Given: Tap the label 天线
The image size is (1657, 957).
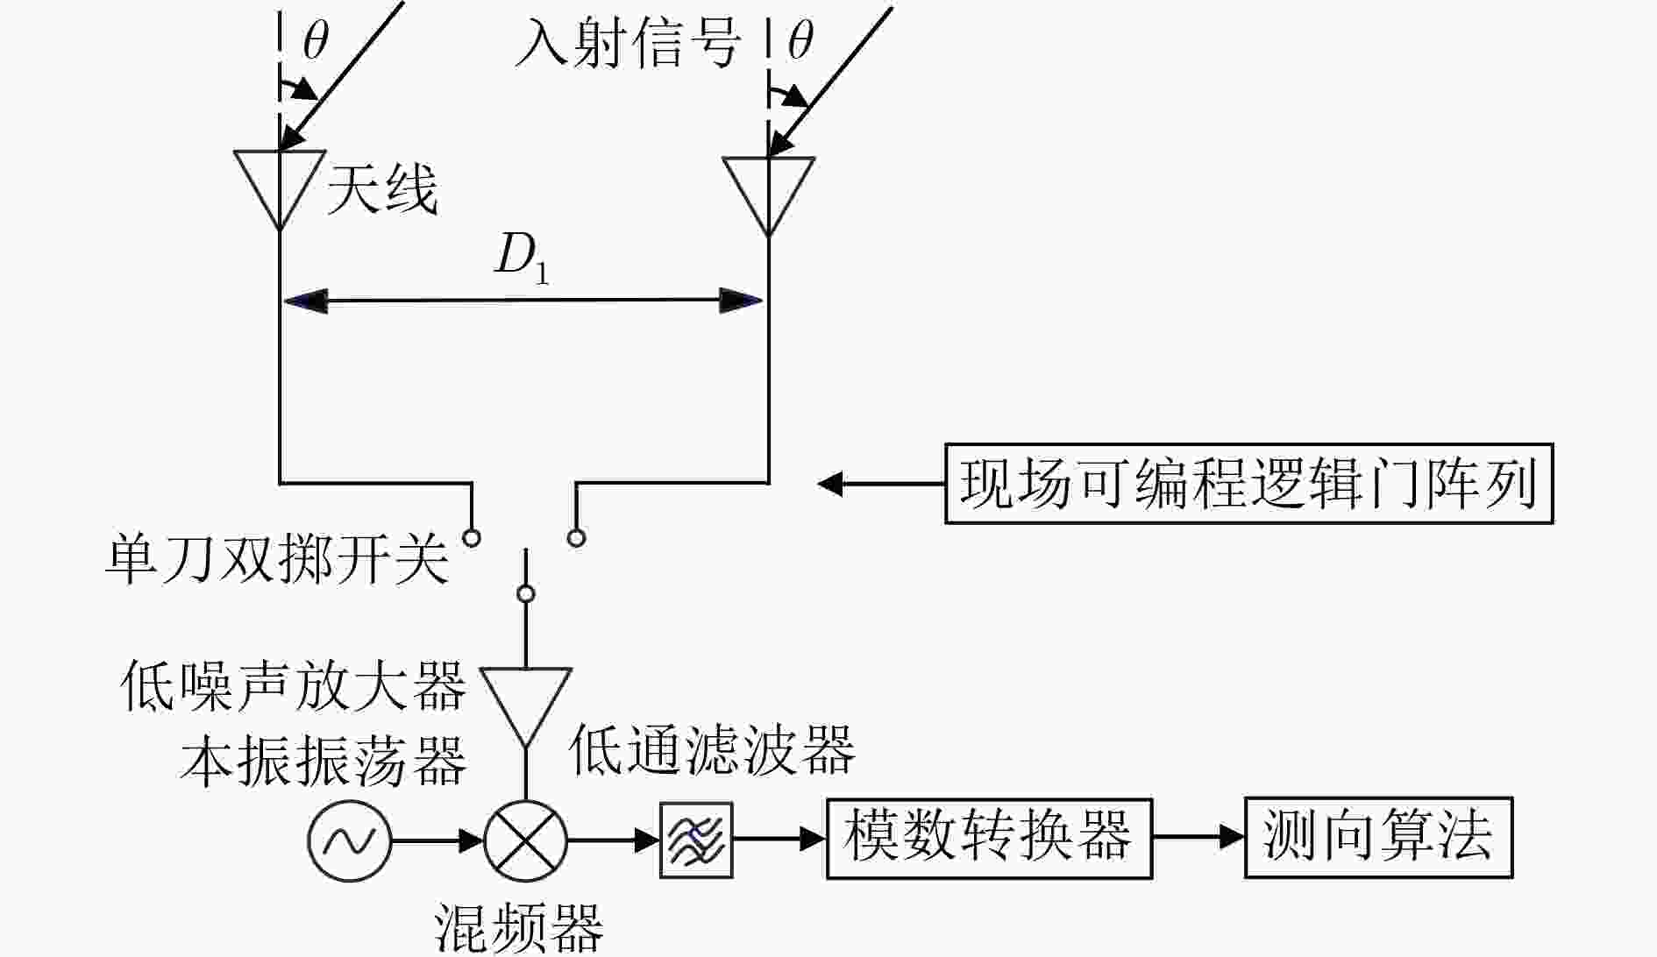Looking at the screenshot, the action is [382, 190].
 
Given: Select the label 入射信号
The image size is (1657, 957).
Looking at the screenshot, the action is [628, 43].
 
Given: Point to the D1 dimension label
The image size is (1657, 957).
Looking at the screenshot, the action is [523, 260].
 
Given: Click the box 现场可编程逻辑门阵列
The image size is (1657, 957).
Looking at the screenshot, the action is [1248, 484].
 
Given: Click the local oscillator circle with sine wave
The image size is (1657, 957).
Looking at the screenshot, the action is [349, 841].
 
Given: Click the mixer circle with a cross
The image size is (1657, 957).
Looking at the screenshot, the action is [526, 841].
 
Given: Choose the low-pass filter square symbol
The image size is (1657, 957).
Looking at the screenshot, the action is [696, 840].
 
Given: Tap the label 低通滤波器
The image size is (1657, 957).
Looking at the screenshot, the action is [712, 750].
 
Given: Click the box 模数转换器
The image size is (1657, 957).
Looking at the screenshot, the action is [989, 838].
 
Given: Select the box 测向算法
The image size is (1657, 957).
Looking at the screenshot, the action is [1379, 837].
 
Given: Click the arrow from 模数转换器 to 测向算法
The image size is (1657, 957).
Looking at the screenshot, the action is [1198, 837].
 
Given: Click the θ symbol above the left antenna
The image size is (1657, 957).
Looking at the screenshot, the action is [316, 39].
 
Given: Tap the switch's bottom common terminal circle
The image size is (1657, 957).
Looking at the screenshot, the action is [526, 594].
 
